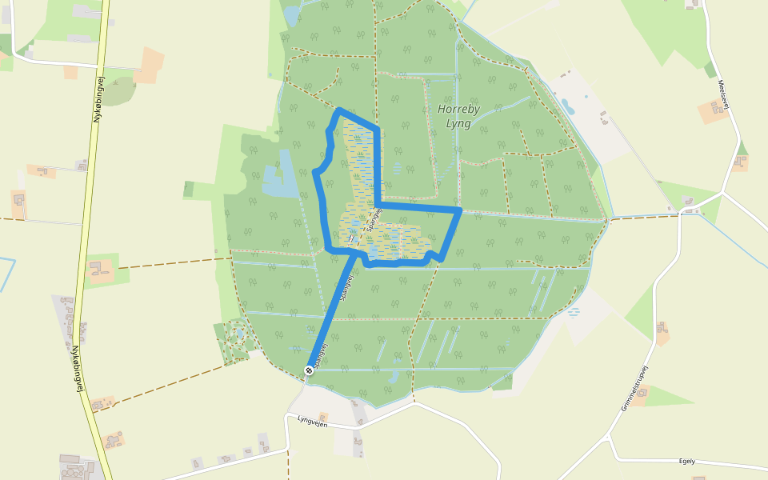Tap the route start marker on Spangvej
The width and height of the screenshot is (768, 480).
click(309, 370)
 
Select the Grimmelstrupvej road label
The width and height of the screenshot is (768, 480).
click(634, 389)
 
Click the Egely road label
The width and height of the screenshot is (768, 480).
click(686, 461)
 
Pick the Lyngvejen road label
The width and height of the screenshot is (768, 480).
click(314, 419)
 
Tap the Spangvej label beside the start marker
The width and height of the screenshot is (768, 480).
click(321, 354)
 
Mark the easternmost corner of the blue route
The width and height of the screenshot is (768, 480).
click(462, 210)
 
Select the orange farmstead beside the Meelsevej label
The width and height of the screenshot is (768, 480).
click(712, 110)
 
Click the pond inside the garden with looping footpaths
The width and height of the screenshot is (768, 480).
click(236, 330)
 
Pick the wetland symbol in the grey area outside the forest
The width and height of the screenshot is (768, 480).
click(574, 313)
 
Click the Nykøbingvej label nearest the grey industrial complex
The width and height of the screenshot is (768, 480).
click(81, 375)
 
